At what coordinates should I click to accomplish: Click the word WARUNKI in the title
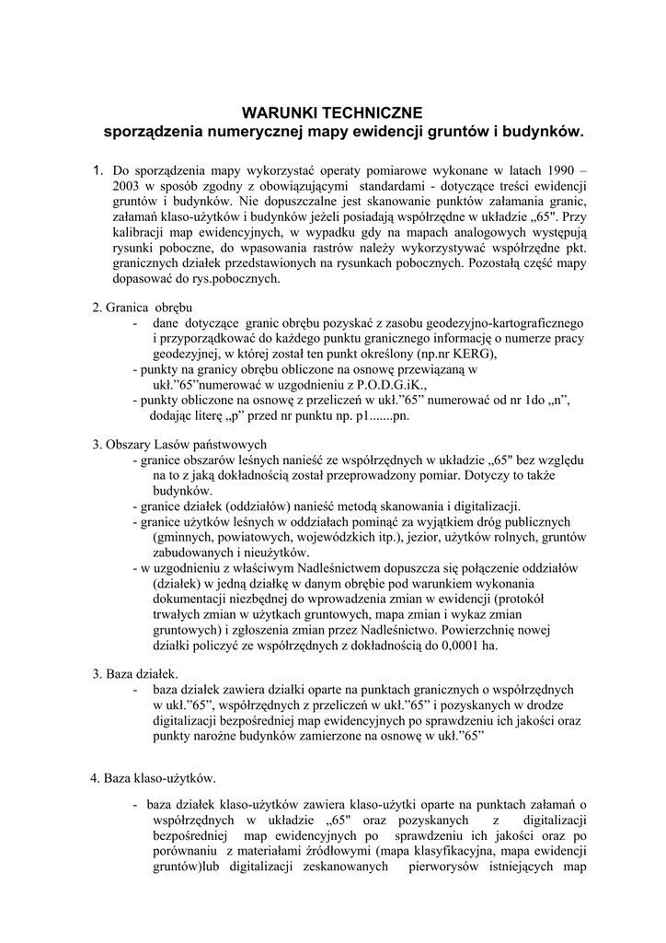click(274, 112)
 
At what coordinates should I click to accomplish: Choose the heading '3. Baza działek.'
click(135, 674)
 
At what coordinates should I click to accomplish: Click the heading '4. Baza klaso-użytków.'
click(153, 779)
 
